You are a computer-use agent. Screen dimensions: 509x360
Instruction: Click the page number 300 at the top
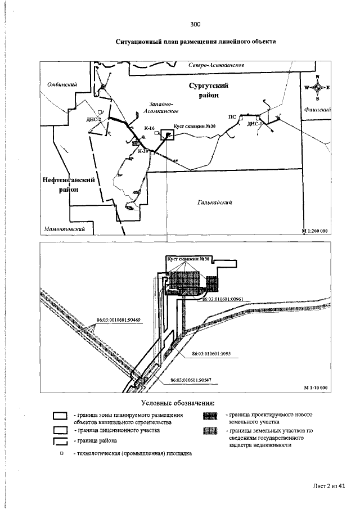tap(195, 24)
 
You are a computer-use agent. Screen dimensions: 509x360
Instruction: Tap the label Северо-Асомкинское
tap(215, 65)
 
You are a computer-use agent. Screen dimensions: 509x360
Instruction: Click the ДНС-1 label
tap(255, 123)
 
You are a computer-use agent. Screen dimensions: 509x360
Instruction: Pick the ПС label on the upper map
tap(232, 118)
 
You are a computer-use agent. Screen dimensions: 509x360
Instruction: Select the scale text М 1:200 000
tap(315, 231)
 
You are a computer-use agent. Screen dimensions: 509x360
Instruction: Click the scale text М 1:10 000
tap(316, 388)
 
